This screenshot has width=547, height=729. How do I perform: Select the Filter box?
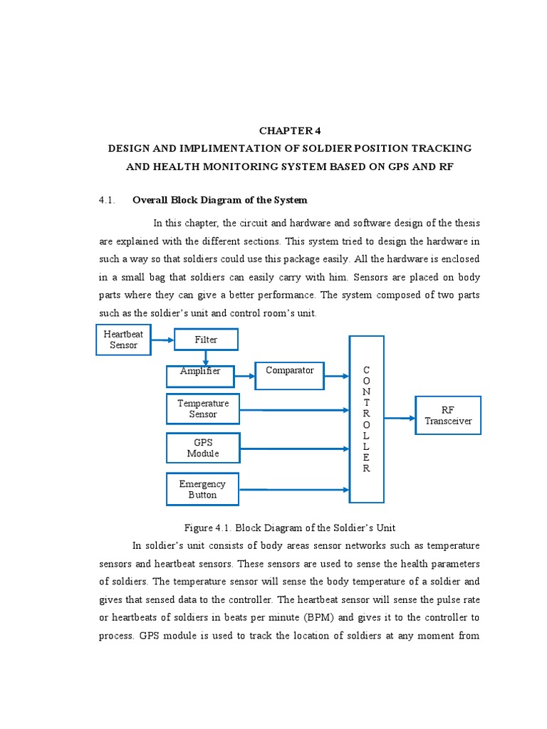(x=206, y=340)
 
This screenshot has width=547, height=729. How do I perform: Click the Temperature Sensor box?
(x=203, y=409)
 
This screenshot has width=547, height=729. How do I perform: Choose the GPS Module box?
(x=203, y=449)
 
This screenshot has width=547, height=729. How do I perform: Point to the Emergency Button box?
(x=203, y=489)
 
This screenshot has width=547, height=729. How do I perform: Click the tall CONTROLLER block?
(x=366, y=419)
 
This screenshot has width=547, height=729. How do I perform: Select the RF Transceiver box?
(x=448, y=415)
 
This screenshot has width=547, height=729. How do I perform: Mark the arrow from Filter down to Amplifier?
(x=206, y=357)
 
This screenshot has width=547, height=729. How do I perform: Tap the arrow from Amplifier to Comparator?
(x=244, y=376)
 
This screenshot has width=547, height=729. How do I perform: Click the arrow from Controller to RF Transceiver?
(x=400, y=418)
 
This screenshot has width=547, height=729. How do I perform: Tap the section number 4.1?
(x=107, y=201)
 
